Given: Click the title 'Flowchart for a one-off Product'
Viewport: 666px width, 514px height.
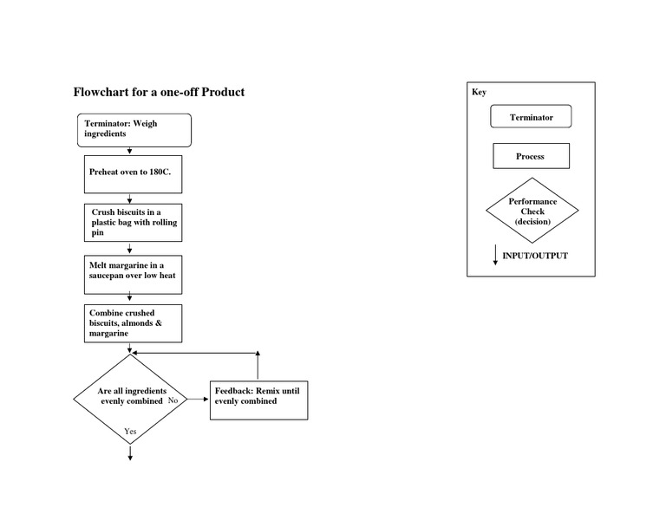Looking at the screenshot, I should pyautogui.click(x=159, y=92).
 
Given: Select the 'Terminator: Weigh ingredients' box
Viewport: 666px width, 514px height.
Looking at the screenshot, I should pyautogui.click(x=134, y=130).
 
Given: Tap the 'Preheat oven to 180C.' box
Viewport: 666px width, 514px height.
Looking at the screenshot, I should pyautogui.click(x=134, y=172).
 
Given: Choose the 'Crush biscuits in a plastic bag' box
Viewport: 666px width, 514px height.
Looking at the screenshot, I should pyautogui.click(x=134, y=223).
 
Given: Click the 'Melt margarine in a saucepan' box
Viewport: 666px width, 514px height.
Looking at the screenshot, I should pyautogui.click(x=134, y=270).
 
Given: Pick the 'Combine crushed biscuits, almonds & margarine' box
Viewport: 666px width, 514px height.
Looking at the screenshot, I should pyautogui.click(x=134, y=322).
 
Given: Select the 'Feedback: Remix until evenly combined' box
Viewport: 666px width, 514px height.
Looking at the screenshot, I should pyautogui.click(x=258, y=400).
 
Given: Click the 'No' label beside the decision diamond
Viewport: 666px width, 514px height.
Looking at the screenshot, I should pyautogui.click(x=173, y=400).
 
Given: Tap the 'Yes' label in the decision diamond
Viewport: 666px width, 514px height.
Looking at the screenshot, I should pyautogui.click(x=130, y=431).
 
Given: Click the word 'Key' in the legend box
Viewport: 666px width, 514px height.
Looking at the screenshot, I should pyautogui.click(x=479, y=92).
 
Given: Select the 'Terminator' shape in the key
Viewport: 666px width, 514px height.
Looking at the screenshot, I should pyautogui.click(x=531, y=117).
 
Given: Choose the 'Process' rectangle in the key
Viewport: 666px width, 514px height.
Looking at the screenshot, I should pyautogui.click(x=531, y=156).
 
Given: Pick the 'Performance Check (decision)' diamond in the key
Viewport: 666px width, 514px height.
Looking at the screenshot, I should pyautogui.click(x=532, y=211).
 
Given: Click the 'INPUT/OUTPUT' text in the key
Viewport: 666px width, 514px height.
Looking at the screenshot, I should pyautogui.click(x=535, y=256).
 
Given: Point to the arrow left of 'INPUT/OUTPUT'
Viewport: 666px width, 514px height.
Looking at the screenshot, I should pyautogui.click(x=495, y=255).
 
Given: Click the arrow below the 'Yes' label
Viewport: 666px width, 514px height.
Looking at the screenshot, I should pyautogui.click(x=130, y=452).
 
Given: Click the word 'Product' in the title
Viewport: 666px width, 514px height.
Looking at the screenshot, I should pyautogui.click(x=223, y=92).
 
